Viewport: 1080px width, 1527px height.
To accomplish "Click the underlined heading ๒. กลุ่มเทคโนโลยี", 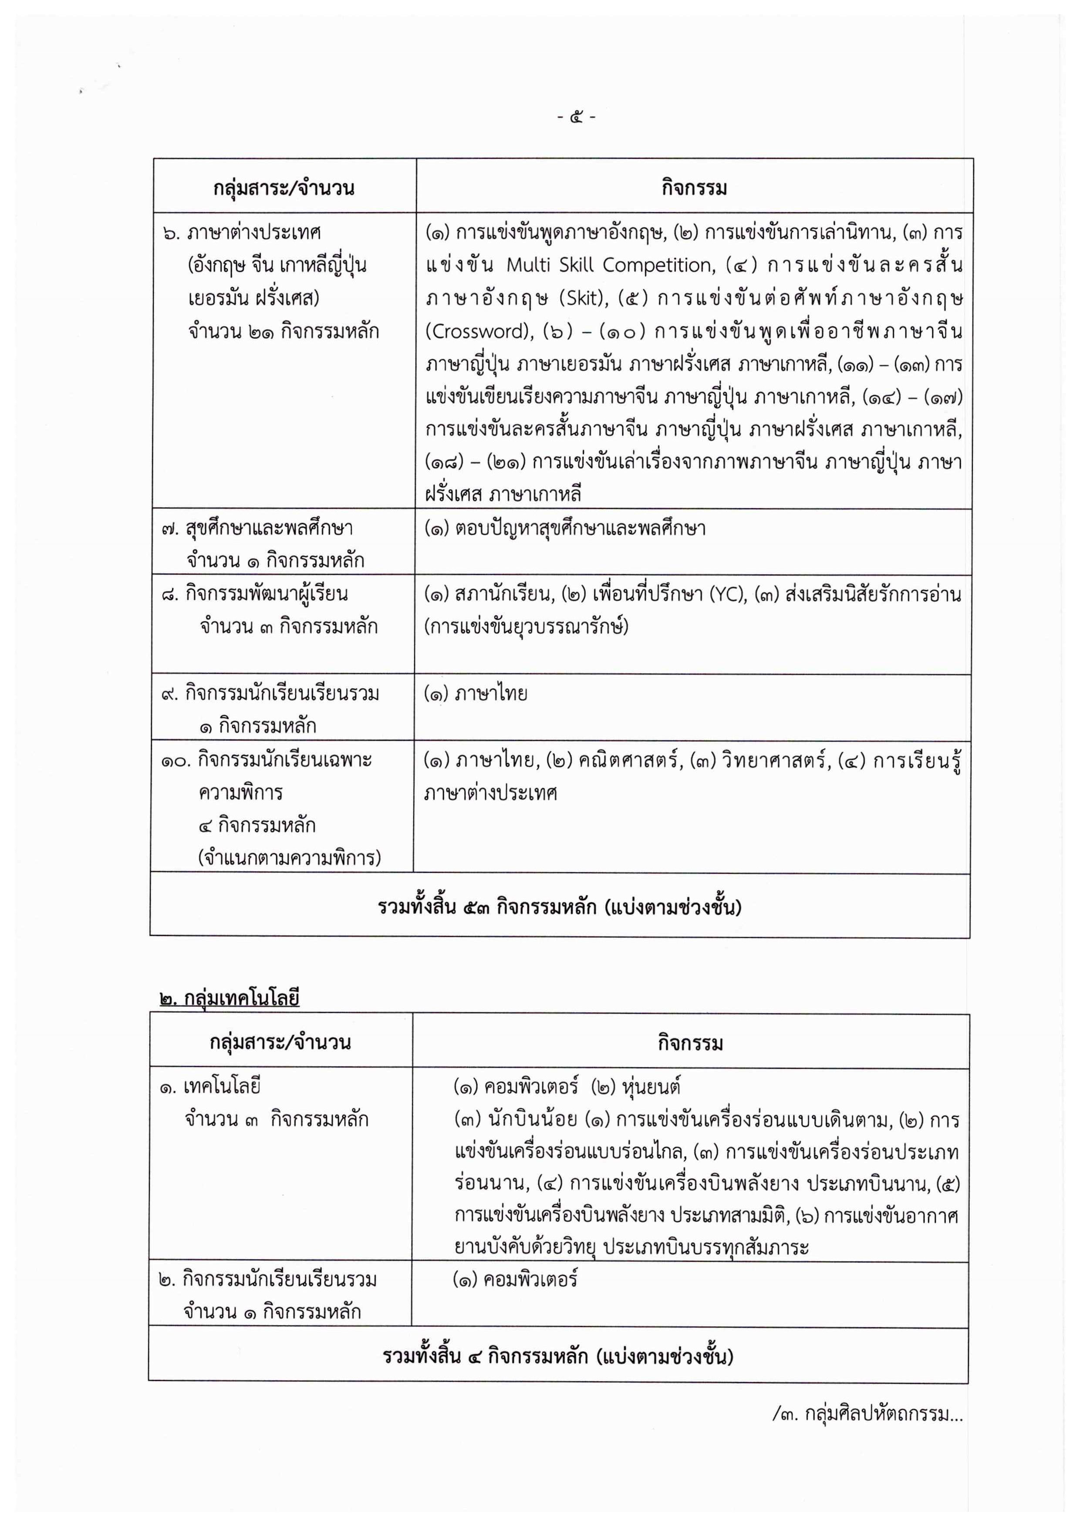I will click(x=229, y=998).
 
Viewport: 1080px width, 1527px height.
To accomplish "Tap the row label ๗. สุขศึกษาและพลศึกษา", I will click(x=256, y=529).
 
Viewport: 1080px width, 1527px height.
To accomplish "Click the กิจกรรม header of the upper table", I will click(x=694, y=188).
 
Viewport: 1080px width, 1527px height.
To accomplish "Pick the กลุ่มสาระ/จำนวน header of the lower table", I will click(x=280, y=1042).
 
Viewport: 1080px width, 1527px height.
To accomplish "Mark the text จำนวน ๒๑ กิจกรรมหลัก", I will click(x=283, y=331).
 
